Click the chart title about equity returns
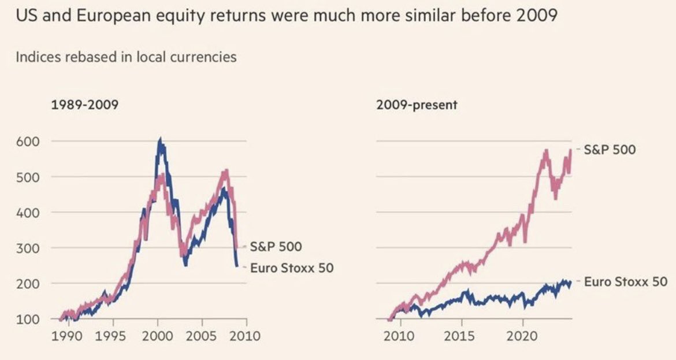coord(287,16)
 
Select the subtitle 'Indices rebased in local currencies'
coord(126,57)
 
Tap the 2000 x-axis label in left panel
coord(158,336)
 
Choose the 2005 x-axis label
coord(202,336)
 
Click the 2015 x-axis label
coord(461,336)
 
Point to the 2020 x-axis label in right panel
coord(523,336)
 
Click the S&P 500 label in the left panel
coord(275,247)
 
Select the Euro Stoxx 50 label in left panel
coord(291,268)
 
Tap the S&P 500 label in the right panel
coord(609,150)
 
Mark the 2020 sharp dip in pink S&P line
coord(525,242)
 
